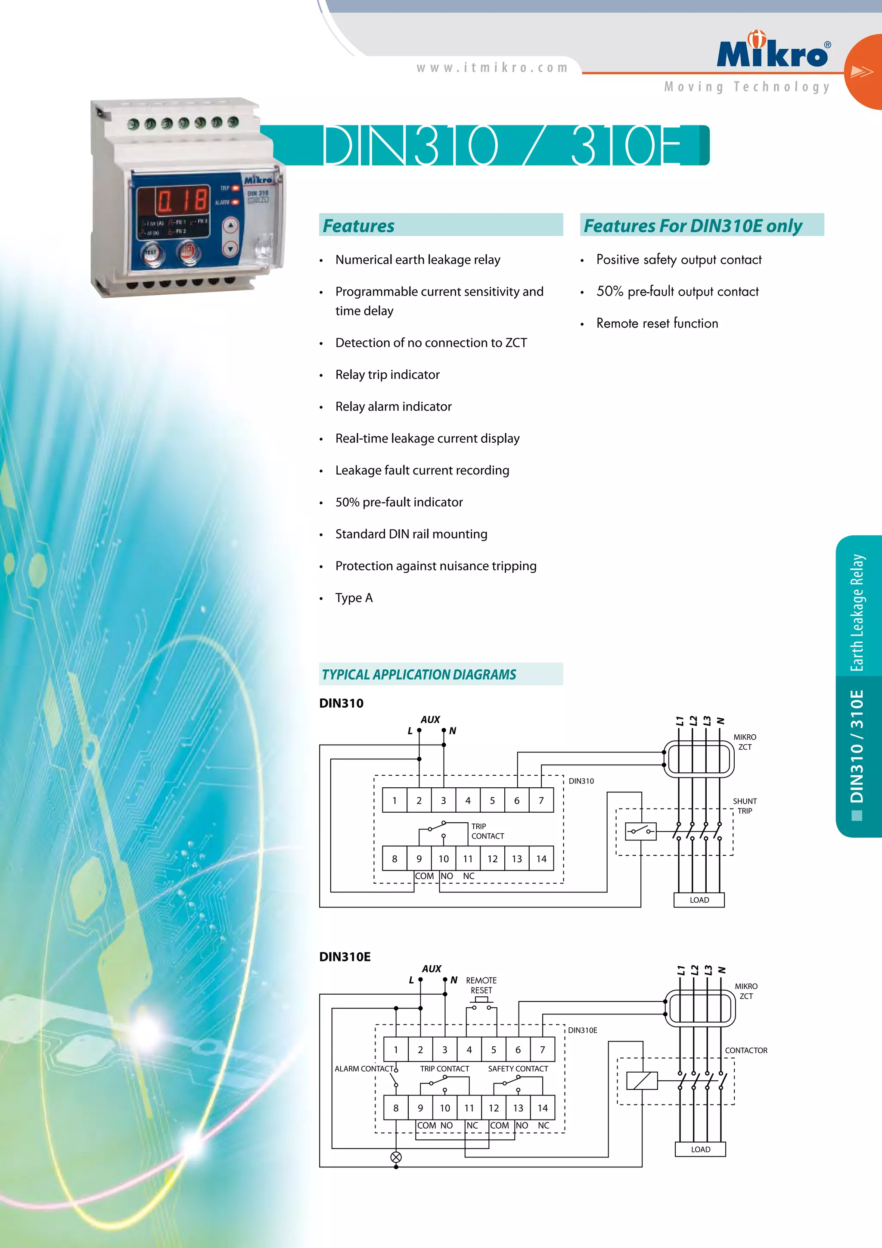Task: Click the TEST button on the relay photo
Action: click(x=150, y=253)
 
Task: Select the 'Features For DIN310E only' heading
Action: click(x=693, y=225)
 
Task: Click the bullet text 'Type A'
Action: click(x=354, y=598)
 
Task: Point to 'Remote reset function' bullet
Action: click(x=657, y=323)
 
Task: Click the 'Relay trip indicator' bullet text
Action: click(x=387, y=374)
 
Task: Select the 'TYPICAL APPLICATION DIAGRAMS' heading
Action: click(x=418, y=674)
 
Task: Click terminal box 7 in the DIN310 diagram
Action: click(x=541, y=801)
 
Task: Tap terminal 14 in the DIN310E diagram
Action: click(x=542, y=1108)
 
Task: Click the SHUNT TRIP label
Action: click(x=745, y=805)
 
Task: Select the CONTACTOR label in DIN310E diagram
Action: click(x=745, y=1050)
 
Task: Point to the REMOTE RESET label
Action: click(x=481, y=985)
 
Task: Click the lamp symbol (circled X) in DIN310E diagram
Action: click(x=396, y=1157)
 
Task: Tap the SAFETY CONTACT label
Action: click(x=518, y=1069)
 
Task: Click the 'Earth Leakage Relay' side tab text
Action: click(x=857, y=613)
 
